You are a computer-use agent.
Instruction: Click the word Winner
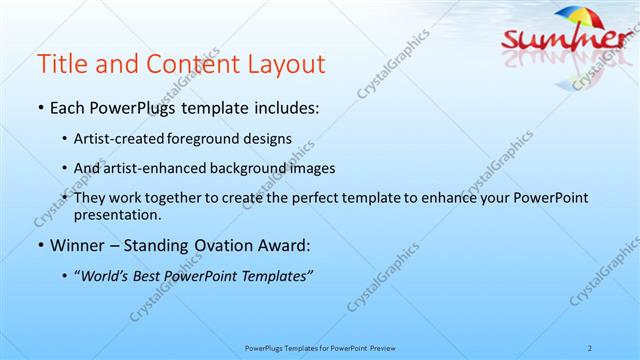[77, 245]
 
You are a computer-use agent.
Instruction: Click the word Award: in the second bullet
[281, 245]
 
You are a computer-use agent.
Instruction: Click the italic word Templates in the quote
[274, 276]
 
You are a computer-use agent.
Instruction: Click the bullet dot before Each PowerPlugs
[39, 108]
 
